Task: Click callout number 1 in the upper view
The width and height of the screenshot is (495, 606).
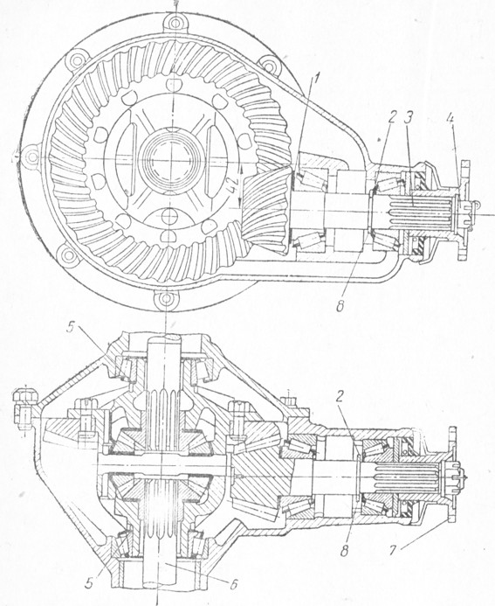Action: coord(316,80)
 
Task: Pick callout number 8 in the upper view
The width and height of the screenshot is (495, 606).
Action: coord(340,306)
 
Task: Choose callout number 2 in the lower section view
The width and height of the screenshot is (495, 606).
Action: coord(340,398)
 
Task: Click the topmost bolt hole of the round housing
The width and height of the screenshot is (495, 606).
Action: coord(175,21)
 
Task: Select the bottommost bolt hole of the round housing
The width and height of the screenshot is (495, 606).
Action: coord(167,299)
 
